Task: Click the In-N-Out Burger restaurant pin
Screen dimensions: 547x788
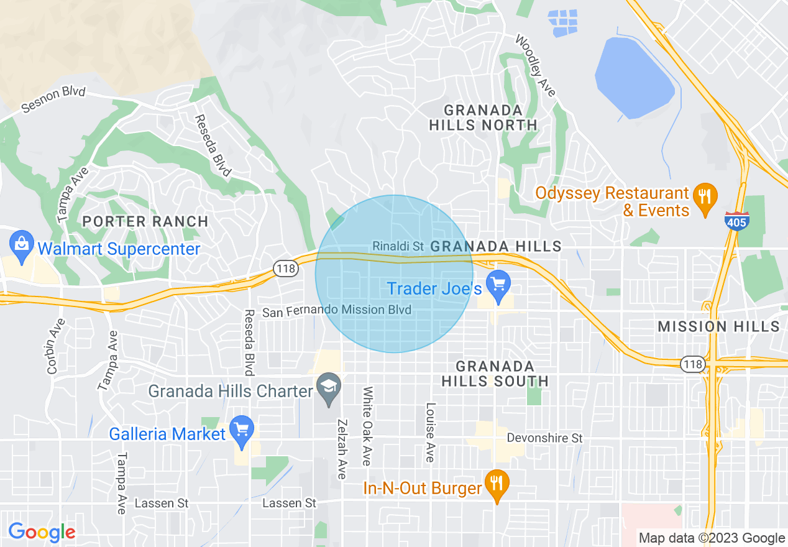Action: coord(497,485)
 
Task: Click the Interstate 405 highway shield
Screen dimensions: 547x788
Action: coord(736,221)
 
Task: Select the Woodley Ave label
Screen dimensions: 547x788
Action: coord(535,65)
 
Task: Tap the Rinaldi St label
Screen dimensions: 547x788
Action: coord(398,246)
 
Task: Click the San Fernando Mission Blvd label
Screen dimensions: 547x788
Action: coord(336,311)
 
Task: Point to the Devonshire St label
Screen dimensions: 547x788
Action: coord(544,438)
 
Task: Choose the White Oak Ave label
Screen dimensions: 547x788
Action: coord(367,426)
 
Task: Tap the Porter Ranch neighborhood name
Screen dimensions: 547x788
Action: coord(145,221)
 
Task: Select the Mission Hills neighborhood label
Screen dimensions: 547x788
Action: coord(718,326)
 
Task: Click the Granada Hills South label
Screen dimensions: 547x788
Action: coord(495,374)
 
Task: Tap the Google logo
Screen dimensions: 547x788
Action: coord(42,531)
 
